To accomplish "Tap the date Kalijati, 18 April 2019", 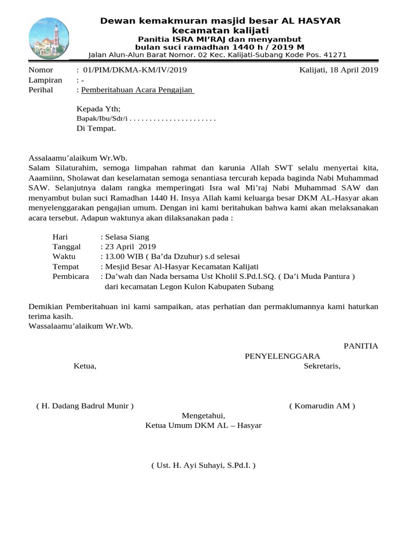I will pos(339,70).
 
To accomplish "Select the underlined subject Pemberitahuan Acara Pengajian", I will pos(137,90).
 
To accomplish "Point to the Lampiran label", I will pos(45,80).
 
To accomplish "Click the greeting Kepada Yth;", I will pos(99,108).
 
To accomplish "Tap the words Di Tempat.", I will pos(96,128).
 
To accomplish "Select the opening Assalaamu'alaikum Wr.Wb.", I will pos(78,157).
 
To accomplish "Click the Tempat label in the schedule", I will pos(66,267).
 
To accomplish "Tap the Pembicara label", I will pos(70,277).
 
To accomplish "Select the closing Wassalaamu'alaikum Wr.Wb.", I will pos(80,326).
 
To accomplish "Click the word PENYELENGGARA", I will pos(282,356).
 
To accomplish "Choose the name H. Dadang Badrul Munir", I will pos(85,406).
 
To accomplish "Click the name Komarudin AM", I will pos(322,406).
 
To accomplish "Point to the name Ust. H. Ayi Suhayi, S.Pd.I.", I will pos(203,466).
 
